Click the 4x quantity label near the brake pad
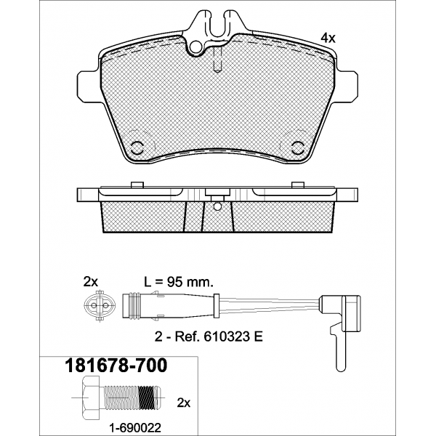pos(328,38)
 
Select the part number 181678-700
pos(116,365)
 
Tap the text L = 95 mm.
pos(179,282)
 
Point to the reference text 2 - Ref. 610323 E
pos(209,337)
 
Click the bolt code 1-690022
pos(135,427)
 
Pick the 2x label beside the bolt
pos(184,403)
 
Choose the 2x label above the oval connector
pos(91,282)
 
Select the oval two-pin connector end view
pos(100,306)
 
